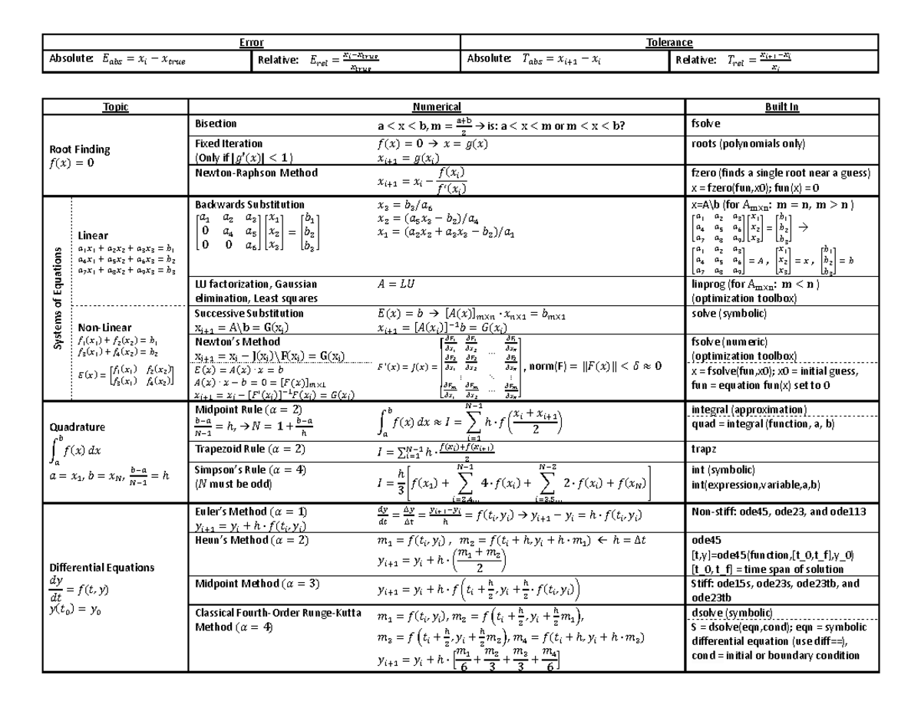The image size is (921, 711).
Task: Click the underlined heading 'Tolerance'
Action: pyautogui.click(x=669, y=42)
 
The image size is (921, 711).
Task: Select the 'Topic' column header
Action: pyautogui.click(x=115, y=108)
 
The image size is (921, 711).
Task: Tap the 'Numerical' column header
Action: pyautogui.click(x=436, y=108)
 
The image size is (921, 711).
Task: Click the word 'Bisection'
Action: pyautogui.click(x=216, y=123)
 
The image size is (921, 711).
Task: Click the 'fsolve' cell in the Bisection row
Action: pyautogui.click(x=705, y=123)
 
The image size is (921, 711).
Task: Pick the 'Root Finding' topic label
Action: pyautogui.click(x=80, y=149)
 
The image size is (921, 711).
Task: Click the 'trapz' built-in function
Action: pyautogui.click(x=703, y=448)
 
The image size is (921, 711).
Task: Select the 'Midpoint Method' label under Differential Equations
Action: pyautogui.click(x=240, y=584)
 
